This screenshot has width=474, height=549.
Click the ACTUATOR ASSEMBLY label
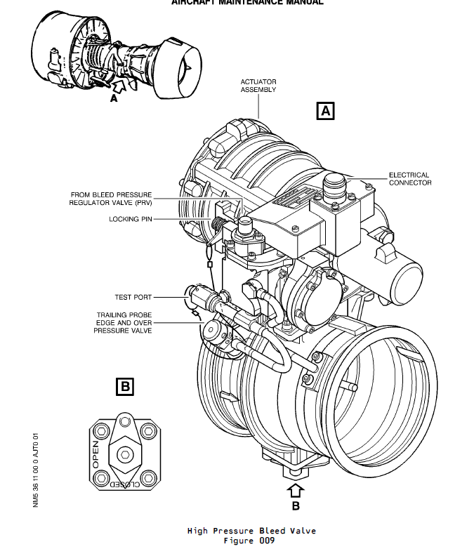click(258, 86)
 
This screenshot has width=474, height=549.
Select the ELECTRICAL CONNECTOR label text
click(410, 179)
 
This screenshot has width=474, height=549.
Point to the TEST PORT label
click(133, 297)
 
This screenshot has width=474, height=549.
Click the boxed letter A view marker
click(326, 110)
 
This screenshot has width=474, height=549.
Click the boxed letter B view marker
click(124, 385)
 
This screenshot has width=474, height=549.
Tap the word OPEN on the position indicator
click(96, 454)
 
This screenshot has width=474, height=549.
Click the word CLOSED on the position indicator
click(124, 484)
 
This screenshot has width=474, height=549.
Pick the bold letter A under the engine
click(112, 100)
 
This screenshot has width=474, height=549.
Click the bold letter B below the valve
click(295, 505)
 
